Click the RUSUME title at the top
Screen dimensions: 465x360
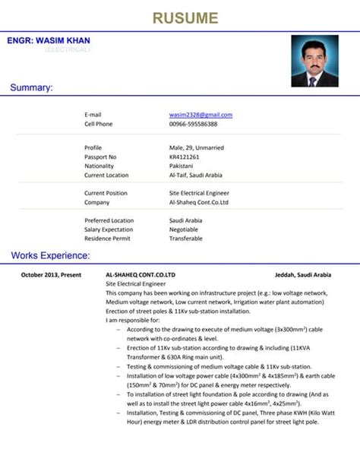185,17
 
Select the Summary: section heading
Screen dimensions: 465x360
31,88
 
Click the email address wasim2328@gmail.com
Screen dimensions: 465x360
201,115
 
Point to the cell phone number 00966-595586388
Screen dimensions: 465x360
193,124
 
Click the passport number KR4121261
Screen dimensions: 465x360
184,157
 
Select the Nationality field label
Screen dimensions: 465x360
99,166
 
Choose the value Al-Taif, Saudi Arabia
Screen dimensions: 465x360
194,175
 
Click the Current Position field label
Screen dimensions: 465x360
106,193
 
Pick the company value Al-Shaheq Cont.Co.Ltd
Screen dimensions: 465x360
198,202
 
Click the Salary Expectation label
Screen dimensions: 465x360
109,229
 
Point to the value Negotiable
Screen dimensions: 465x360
184,229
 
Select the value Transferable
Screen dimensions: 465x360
185,239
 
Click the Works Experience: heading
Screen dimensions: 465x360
50,255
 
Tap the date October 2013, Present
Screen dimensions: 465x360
51,274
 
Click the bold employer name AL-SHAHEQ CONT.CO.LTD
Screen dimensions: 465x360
141,274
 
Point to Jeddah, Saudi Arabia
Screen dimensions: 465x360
303,274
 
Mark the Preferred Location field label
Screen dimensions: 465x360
109,220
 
